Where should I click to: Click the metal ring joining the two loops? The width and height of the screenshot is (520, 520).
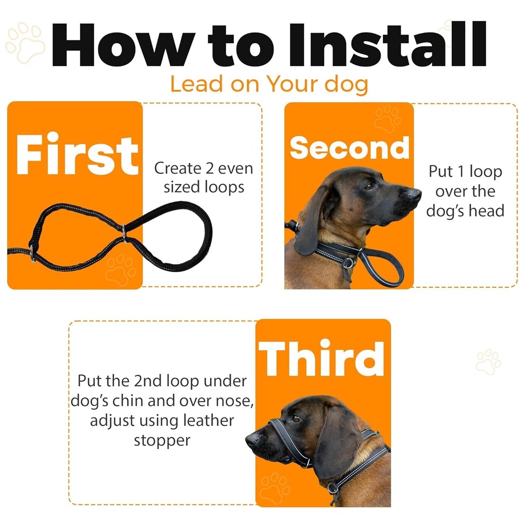(x=124, y=232)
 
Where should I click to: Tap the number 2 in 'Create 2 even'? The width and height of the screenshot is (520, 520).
(x=209, y=168)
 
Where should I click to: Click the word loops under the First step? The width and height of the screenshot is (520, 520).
(x=224, y=187)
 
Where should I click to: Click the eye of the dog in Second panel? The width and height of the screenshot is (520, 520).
(x=368, y=187)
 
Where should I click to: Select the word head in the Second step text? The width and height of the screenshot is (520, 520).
(x=486, y=210)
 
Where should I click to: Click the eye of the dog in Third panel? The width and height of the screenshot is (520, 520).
(x=296, y=418)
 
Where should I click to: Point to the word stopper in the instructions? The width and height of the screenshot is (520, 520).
(x=162, y=441)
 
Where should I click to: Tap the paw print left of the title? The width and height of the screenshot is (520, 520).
(x=26, y=43)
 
